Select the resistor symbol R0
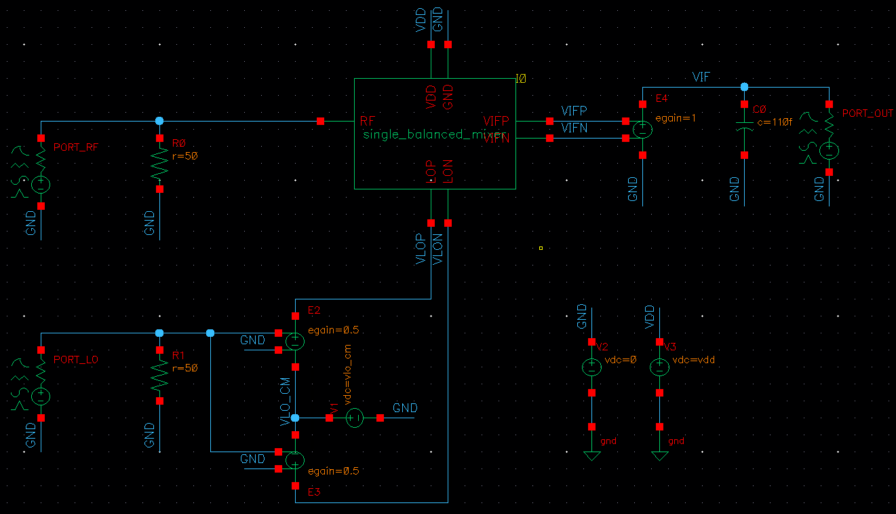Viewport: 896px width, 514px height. click(159, 164)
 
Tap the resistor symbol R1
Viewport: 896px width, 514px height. click(159, 375)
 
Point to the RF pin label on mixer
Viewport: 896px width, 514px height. click(368, 122)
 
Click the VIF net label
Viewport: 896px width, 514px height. click(701, 77)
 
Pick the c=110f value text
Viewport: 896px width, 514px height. click(773, 122)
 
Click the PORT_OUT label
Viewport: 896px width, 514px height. click(868, 113)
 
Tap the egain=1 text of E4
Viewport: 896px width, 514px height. click(676, 117)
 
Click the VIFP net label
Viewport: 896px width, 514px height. click(574, 111)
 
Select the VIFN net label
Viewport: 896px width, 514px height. click(574, 128)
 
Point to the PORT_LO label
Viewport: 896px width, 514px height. click(76, 359)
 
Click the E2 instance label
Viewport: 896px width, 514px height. click(314, 310)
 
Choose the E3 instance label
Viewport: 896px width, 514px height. click(314, 492)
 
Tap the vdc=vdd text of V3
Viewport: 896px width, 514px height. click(693, 359)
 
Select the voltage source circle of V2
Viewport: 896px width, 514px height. click(591, 367)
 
